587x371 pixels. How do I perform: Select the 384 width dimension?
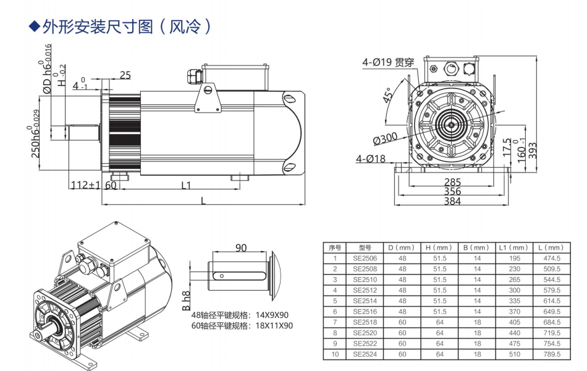coord(452,202)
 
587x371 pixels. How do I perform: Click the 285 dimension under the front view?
coord(452,182)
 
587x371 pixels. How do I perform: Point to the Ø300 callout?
coord(386,137)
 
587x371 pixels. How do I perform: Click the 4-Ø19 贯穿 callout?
coord(388,62)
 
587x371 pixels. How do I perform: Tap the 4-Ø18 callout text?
coord(371,159)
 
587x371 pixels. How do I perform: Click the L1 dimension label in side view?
coord(186,185)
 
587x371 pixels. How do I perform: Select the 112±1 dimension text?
coord(85,185)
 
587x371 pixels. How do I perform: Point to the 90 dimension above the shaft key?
coord(241,247)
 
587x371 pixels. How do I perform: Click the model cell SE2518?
coord(365,322)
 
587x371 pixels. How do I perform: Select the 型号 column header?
coord(365,247)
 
